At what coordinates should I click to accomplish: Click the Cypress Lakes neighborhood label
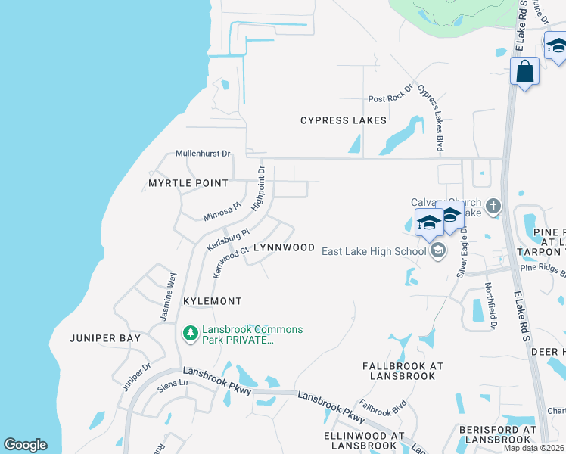[x=344, y=120]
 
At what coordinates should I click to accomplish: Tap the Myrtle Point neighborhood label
[x=188, y=183]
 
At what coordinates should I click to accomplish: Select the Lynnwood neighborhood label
[x=283, y=247]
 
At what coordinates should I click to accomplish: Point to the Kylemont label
[x=213, y=301]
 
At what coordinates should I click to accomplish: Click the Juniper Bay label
[x=105, y=338]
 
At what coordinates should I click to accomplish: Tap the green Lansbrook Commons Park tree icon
[x=191, y=332]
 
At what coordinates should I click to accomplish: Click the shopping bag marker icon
[x=524, y=73]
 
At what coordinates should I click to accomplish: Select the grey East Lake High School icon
[x=437, y=251]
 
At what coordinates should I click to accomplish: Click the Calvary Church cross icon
[x=493, y=206]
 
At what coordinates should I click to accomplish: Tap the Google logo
[x=25, y=445]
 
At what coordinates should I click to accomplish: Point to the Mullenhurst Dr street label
[x=203, y=154]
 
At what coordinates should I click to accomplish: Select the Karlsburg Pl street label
[x=228, y=241]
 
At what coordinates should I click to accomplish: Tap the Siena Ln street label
[x=172, y=384]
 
